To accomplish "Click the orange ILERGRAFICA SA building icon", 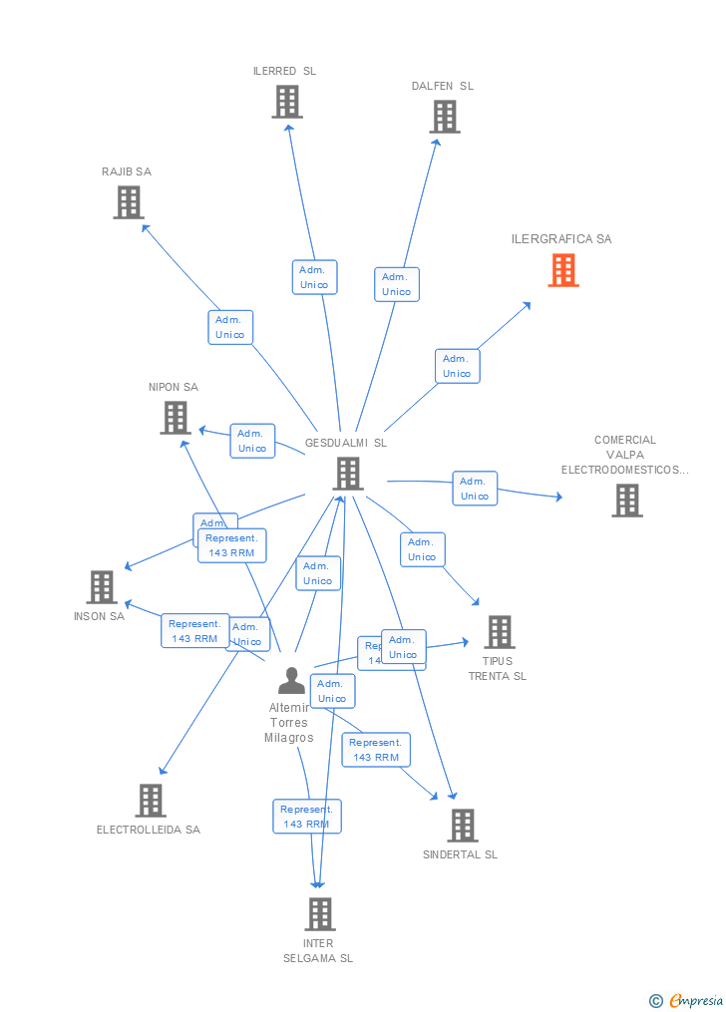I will (x=563, y=270).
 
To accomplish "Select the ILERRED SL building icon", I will (x=287, y=102).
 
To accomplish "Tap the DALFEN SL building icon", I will (x=445, y=117).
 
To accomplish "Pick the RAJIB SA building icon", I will (x=129, y=202).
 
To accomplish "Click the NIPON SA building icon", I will (x=176, y=418).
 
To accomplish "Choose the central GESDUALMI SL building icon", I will (x=348, y=474).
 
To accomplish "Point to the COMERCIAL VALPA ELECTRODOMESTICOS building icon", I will (x=627, y=501).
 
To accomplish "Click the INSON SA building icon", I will (x=102, y=587).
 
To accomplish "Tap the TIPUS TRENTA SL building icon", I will (x=500, y=632).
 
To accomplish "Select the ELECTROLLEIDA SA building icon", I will (x=151, y=800).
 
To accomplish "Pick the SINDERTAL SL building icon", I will (x=463, y=826).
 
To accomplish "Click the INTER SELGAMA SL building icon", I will (x=320, y=914).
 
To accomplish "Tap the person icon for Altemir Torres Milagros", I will (x=291, y=681).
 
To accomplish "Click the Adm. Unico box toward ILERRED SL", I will (x=314, y=277).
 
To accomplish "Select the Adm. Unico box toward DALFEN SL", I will (x=397, y=284).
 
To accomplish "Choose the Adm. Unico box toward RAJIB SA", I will (x=230, y=327).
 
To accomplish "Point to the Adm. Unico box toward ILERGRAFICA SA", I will (x=457, y=366).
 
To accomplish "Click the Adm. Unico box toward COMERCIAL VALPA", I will (x=475, y=489).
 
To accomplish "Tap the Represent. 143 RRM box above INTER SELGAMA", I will (x=306, y=817).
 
